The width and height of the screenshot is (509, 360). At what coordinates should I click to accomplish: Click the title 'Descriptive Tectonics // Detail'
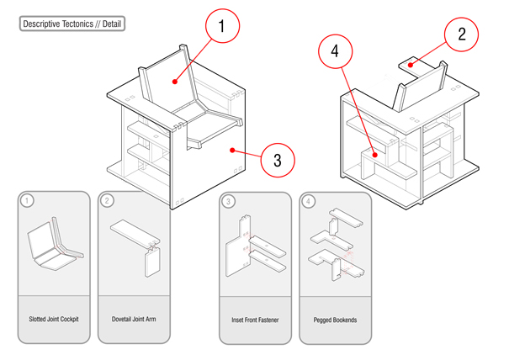coord(72,24)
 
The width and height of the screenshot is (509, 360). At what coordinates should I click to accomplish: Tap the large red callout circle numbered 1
coord(222,28)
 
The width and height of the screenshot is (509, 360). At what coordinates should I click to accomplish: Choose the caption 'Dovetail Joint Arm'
coord(134,320)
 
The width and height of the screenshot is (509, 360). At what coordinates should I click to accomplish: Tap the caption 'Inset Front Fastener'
coord(255,320)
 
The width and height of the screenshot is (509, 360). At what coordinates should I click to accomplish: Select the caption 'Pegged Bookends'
coord(335,320)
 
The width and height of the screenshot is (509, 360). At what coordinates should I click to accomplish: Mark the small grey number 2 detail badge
coord(108,201)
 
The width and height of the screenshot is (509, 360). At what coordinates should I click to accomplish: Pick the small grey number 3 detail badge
coord(229,201)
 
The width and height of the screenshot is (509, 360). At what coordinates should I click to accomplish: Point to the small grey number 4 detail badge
coord(309,201)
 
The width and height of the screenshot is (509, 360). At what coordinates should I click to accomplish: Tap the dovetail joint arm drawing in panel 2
coord(136,246)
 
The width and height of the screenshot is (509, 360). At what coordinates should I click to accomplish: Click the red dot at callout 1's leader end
coord(174,82)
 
